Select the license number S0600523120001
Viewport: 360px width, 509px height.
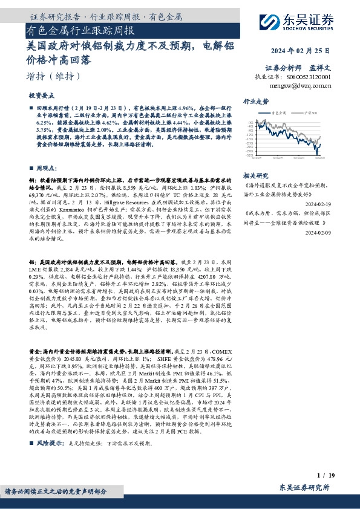click(x=309, y=77)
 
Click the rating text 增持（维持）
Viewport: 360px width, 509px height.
click(x=54, y=76)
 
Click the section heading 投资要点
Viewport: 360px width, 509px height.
click(x=42, y=96)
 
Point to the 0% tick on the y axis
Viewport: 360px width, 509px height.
click(x=250, y=122)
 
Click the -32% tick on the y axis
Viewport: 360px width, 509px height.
click(x=249, y=155)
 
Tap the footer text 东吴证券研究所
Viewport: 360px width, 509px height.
click(x=304, y=487)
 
